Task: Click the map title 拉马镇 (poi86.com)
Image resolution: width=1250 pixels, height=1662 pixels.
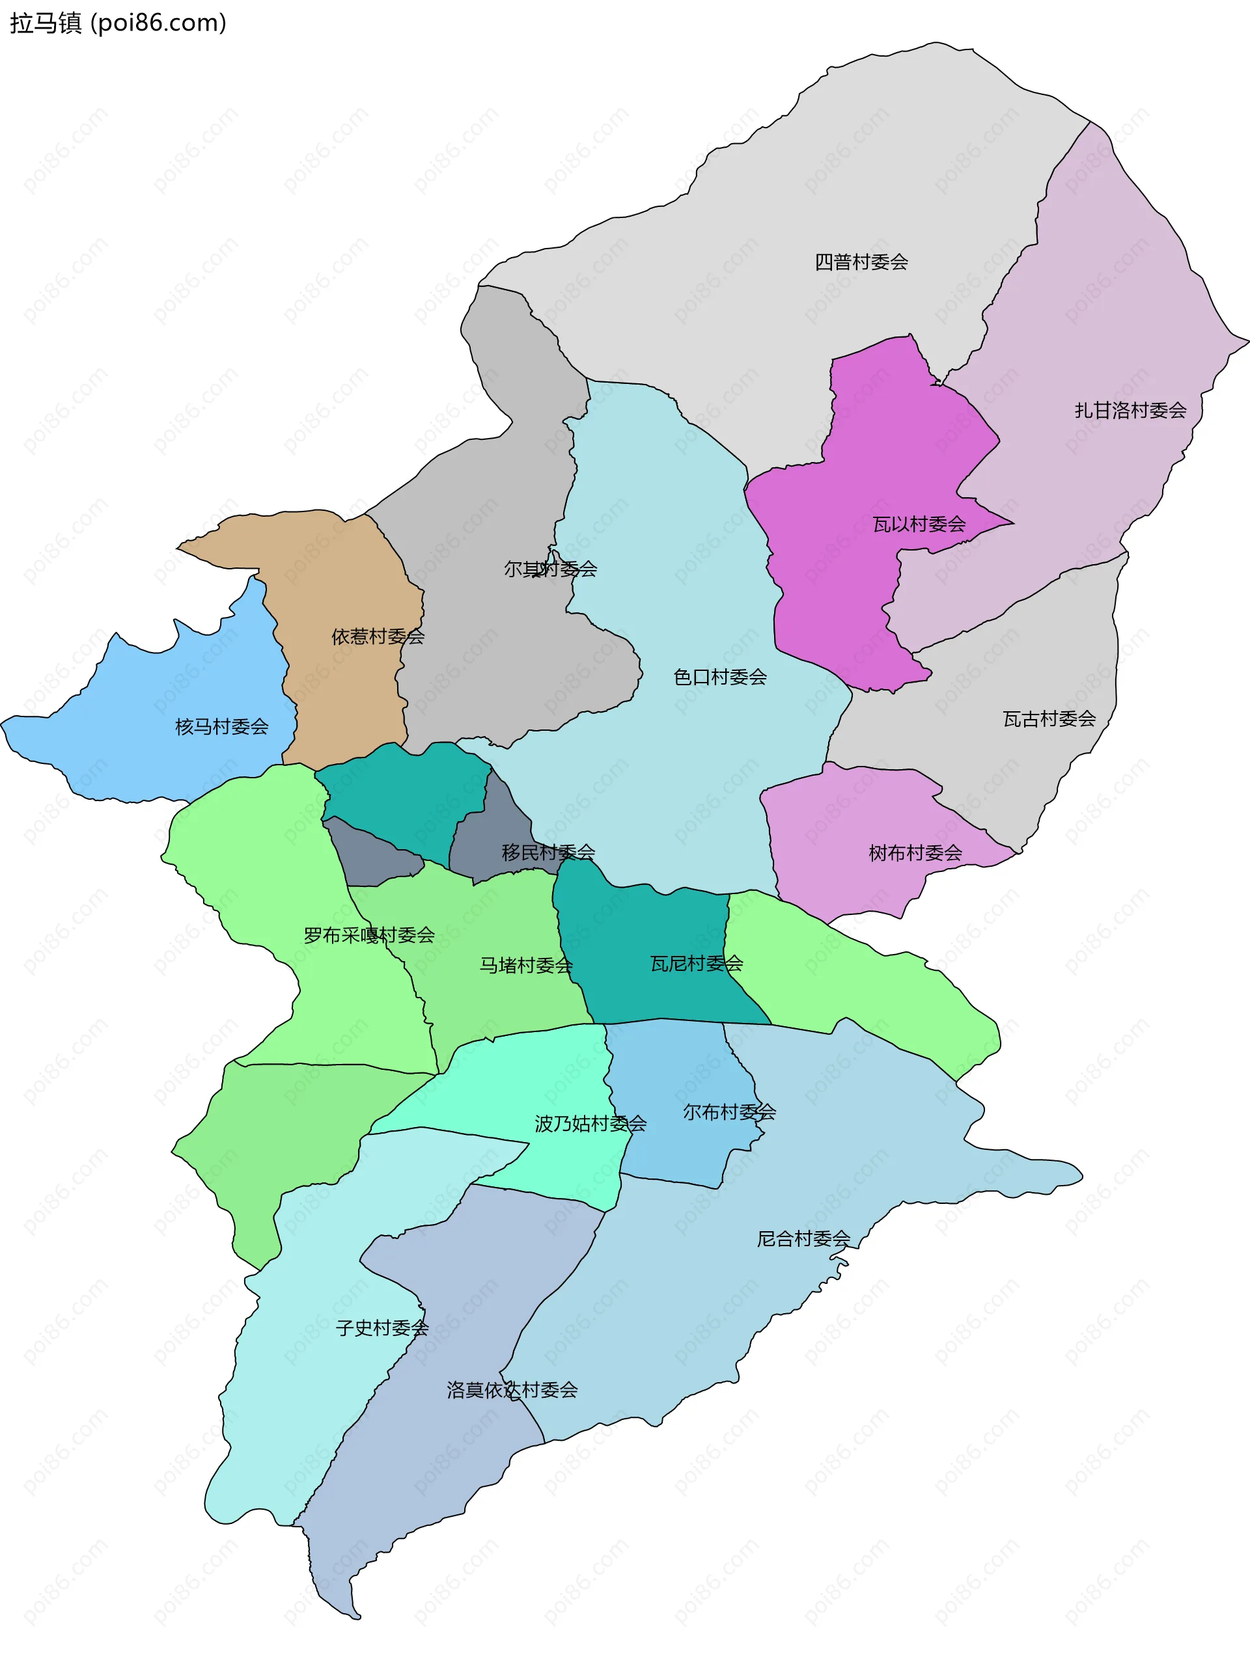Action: [x=117, y=23]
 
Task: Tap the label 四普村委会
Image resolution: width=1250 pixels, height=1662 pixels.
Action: [x=861, y=262]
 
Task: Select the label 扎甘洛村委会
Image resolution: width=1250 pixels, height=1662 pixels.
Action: [x=1130, y=410]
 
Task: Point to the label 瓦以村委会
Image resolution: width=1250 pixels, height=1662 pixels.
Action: [x=919, y=524]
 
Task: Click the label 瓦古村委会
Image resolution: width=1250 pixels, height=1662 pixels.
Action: [x=1049, y=719]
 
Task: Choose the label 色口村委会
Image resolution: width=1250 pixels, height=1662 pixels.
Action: [x=719, y=677]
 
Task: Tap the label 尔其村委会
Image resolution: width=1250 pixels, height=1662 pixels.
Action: [x=550, y=569]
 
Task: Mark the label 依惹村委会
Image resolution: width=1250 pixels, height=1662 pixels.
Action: [x=378, y=636]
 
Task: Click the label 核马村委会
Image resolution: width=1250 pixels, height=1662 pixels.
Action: [x=222, y=727]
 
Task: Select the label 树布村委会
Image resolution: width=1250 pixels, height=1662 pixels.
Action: [x=915, y=852]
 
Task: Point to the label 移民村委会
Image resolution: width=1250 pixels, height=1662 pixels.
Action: [x=548, y=852]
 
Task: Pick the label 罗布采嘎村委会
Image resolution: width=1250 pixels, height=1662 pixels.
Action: [x=369, y=934]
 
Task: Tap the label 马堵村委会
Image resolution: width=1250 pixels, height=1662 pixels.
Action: [x=526, y=965]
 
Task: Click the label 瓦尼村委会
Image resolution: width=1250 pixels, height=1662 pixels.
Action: [x=696, y=963]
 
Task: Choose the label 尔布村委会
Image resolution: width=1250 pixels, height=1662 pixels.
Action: [x=729, y=1112]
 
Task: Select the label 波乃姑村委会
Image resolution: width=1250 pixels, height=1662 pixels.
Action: [x=590, y=1123]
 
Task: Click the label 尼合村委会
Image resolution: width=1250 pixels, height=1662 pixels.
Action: [x=803, y=1238]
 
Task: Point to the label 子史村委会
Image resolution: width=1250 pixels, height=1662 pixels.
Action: [x=382, y=1328]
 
